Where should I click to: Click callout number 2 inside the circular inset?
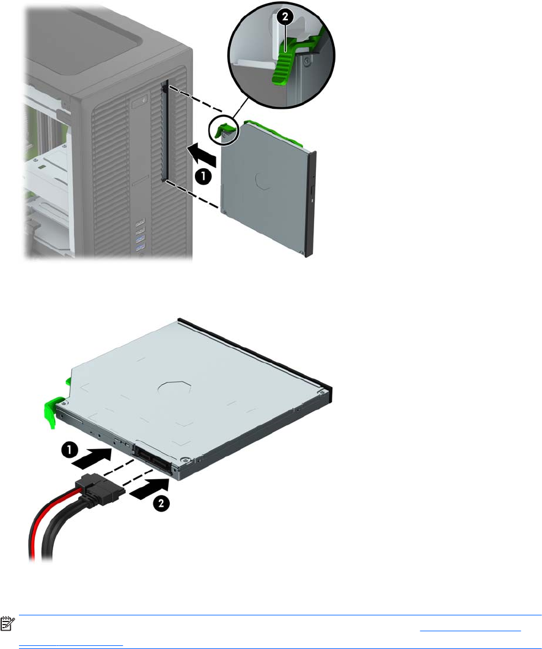285,17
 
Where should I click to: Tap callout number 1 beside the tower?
203,177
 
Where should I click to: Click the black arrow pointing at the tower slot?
202,155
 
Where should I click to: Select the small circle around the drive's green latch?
224,130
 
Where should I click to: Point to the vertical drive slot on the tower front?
164,131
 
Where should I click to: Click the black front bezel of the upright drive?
311,204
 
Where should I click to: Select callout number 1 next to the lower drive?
70,450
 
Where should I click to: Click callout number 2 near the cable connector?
161,503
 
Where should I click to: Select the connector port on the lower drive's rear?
152,458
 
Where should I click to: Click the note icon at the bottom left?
7,624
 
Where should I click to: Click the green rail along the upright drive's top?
273,133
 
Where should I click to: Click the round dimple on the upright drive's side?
264,182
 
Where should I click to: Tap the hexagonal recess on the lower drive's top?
175,387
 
